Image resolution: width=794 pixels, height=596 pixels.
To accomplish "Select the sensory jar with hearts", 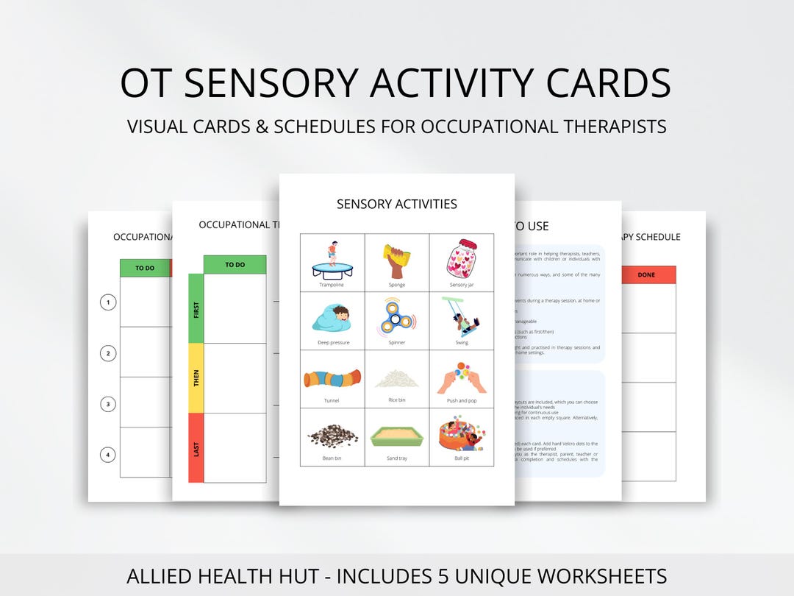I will (x=462, y=258).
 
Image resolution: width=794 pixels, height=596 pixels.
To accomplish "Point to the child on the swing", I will (x=462, y=316).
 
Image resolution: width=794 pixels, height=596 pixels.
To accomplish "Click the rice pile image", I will (x=397, y=379).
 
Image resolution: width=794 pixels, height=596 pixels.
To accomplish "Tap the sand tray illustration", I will (x=397, y=437).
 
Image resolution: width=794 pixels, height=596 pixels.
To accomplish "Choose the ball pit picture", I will (x=462, y=436).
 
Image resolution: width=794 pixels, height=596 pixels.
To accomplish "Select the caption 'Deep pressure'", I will (x=332, y=343).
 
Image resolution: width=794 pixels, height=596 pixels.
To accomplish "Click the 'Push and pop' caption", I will (x=462, y=401).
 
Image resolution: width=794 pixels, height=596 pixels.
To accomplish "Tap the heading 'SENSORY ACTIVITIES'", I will (x=397, y=204).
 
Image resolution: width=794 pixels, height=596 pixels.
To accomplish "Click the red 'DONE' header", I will (x=647, y=275).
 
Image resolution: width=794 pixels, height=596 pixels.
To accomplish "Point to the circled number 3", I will (x=108, y=404).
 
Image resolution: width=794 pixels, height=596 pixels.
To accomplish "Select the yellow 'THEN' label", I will (x=196, y=378).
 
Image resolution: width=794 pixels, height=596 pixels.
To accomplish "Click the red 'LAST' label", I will (x=196, y=448).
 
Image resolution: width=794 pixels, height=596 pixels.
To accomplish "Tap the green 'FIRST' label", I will (x=196, y=309).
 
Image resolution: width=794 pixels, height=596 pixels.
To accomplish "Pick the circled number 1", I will (x=108, y=302).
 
